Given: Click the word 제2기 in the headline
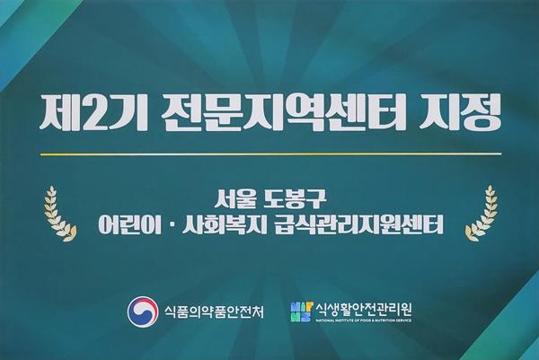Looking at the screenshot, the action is click(x=89, y=112).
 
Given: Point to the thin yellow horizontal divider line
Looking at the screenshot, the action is click(x=271, y=154).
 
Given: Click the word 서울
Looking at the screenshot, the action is click(x=235, y=199).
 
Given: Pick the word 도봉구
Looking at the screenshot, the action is click(x=293, y=199).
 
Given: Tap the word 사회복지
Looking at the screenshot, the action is click(x=225, y=224).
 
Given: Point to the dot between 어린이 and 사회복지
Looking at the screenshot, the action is click(x=172, y=225).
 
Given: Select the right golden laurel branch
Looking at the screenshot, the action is click(x=482, y=214).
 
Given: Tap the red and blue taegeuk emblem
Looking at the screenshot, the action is click(x=143, y=312).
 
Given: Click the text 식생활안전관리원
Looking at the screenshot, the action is click(x=363, y=309).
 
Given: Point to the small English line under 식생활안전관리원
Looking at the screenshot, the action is click(x=363, y=320).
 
